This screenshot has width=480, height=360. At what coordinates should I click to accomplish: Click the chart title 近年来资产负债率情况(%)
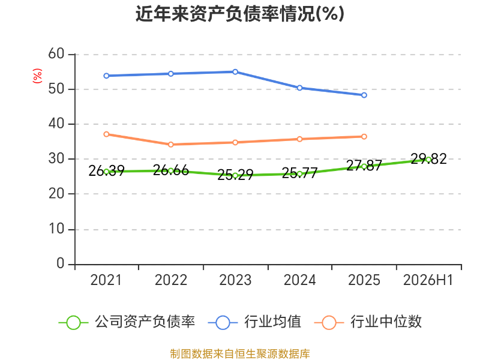pos(240,14)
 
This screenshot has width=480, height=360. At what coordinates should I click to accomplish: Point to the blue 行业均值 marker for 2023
pos(235,72)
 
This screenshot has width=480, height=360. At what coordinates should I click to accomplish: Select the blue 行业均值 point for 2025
pos(364,95)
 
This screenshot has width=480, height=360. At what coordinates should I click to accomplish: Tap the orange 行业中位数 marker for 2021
pos(106,134)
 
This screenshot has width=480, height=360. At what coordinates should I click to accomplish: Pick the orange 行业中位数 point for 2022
pos(171,145)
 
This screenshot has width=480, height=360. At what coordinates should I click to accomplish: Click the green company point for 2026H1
pos(428,160)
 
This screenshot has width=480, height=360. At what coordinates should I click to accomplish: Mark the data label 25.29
pos(235,175)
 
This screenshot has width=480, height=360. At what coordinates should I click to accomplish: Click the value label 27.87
pos(364,166)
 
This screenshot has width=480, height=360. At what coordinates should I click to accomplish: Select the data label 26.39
pos(106,171)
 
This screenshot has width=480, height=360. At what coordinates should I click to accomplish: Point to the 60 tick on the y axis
pos(56,54)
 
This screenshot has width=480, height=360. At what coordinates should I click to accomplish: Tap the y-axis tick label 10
pos(56,229)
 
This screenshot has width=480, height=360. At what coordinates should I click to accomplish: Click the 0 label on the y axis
pos(61,263)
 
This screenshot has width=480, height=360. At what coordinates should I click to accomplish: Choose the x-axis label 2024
pos(299,280)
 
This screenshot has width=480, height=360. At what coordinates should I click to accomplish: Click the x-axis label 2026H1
pos(428,280)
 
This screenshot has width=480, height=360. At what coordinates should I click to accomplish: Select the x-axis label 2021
pos(106,280)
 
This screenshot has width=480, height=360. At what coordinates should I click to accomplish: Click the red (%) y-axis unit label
pos(37,76)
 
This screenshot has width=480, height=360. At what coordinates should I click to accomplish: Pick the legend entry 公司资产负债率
pos(127,322)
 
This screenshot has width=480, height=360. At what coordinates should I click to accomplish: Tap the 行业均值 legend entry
pos(254,322)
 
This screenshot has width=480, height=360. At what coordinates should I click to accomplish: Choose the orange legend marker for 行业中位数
pos(329,323)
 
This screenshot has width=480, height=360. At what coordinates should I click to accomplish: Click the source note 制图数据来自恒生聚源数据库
pos(240,354)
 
